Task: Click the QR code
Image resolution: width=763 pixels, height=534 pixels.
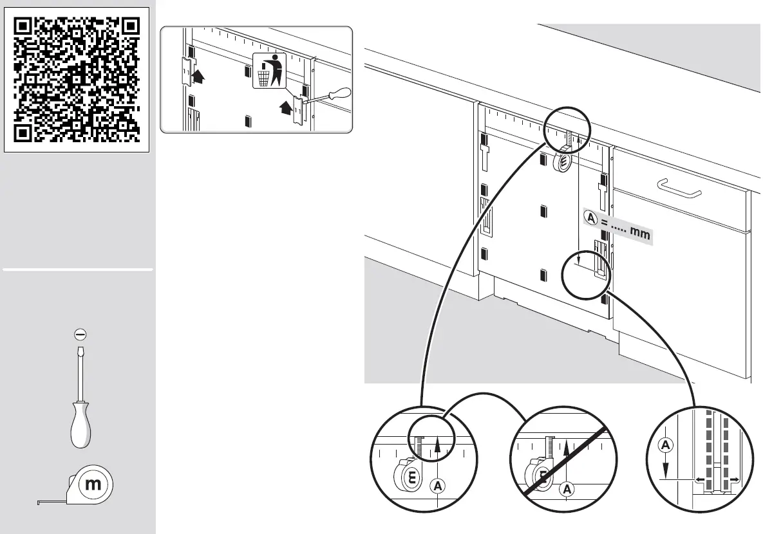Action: coord(77,79)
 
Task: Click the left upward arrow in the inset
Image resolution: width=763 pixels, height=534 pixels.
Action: coord(199,77)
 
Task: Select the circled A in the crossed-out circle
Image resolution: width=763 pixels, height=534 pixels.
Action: coord(568,490)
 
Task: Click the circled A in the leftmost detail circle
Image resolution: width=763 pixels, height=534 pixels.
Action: coord(437,485)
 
